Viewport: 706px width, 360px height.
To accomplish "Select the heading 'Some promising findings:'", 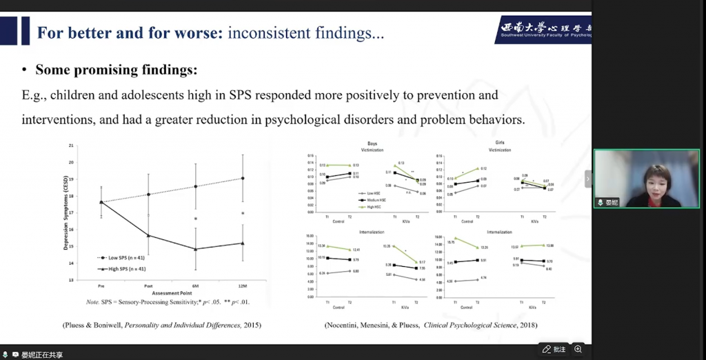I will click(x=116, y=70).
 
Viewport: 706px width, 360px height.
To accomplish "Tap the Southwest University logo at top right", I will click(x=545, y=30).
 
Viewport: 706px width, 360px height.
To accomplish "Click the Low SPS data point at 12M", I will click(x=242, y=178).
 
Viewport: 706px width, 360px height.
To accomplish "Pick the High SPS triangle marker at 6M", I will click(x=195, y=249).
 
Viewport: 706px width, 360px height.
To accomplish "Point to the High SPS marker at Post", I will click(x=148, y=235).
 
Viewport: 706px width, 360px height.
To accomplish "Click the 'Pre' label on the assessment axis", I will click(x=101, y=286).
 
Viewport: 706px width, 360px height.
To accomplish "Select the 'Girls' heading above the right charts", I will click(x=500, y=143).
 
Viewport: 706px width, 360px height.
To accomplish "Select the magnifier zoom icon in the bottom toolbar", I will click(x=578, y=349).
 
